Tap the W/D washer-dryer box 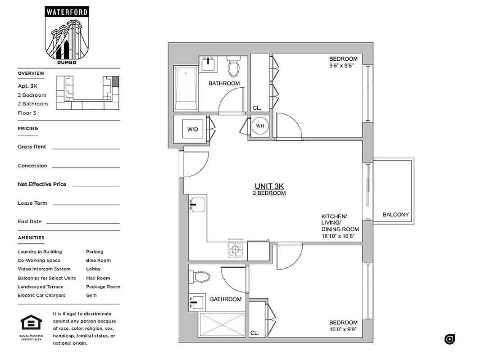click(192, 129)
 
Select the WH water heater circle click(260, 126)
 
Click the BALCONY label click(395, 215)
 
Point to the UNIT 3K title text click(269, 186)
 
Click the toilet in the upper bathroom click(233, 66)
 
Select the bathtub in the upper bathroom click(186, 89)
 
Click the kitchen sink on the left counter click(197, 205)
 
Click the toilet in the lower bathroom click(200, 276)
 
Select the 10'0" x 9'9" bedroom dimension click(343, 329)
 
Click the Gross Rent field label click(32, 147)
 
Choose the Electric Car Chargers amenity click(41, 295)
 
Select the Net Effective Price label click(42, 184)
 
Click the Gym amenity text click(91, 295)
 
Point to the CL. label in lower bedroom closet click(255, 333)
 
